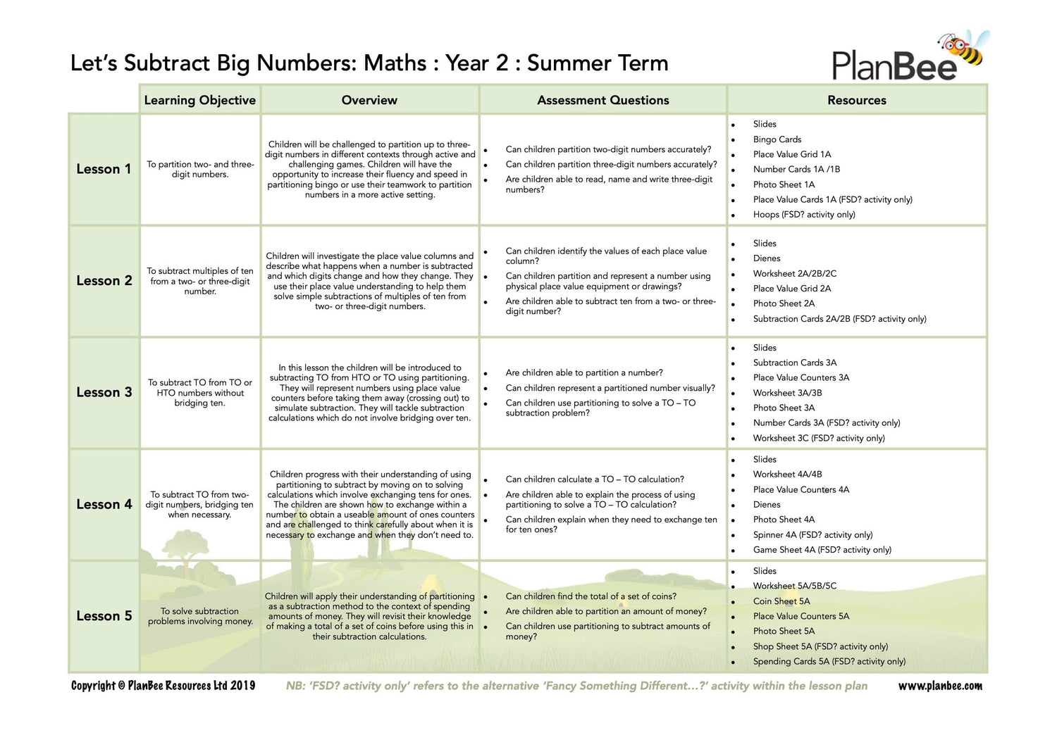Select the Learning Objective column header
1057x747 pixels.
point(199,100)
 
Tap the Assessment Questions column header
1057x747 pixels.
point(602,100)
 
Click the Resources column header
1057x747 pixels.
point(856,100)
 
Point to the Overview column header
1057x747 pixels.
point(369,100)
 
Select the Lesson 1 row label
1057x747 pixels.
point(104,169)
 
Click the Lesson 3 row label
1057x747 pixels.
point(104,392)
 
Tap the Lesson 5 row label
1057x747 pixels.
point(104,616)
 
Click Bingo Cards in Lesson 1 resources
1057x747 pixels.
point(777,139)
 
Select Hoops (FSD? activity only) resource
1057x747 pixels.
point(803,215)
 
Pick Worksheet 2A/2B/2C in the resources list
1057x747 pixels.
point(794,273)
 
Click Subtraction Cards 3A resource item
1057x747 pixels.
point(794,363)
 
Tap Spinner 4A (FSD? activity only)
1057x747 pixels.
point(812,534)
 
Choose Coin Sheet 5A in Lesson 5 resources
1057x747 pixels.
point(781,601)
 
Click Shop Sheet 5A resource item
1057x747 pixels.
point(820,646)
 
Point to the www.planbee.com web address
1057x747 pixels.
point(939,686)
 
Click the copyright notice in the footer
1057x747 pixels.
point(163,686)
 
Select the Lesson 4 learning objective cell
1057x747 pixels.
point(199,504)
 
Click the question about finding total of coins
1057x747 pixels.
point(591,596)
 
